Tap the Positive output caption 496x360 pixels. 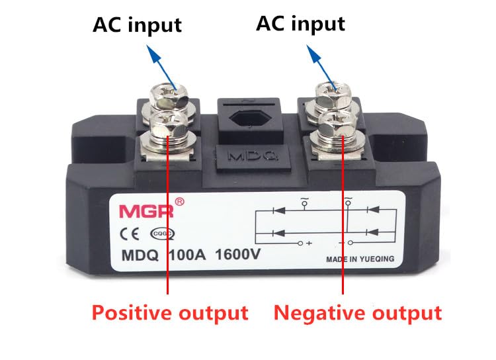(169, 312)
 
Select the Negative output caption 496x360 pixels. (358, 312)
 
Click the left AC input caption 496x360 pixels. (137, 24)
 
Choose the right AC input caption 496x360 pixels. (300, 23)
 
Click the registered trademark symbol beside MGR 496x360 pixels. (179, 201)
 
